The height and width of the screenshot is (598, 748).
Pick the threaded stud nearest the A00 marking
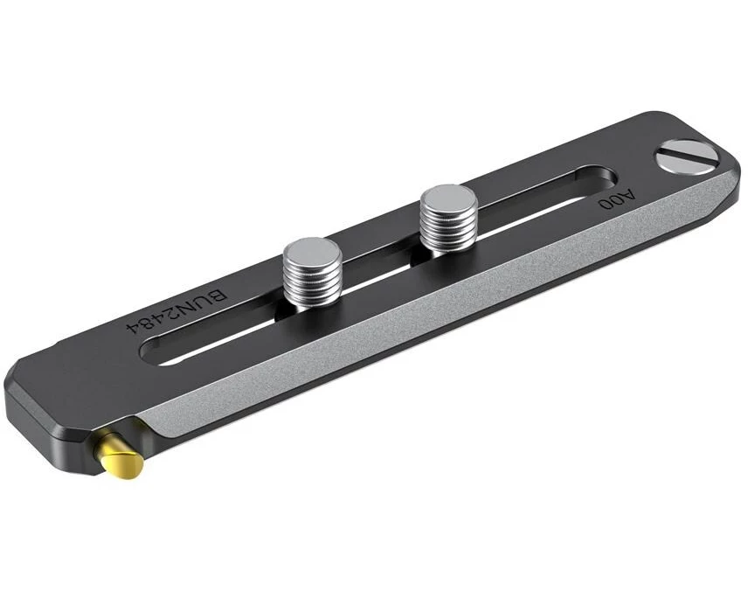(448, 218)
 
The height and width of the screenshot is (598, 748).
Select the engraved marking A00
(618, 199)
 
